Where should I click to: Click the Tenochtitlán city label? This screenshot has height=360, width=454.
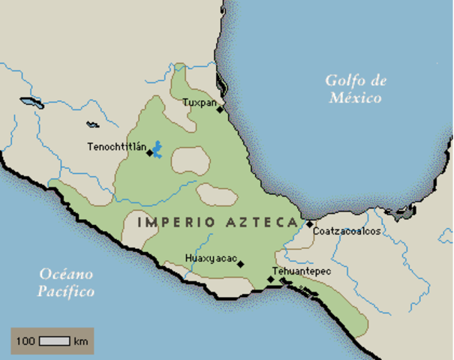[116, 145]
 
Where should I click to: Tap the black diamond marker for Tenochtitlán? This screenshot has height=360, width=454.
[149, 152]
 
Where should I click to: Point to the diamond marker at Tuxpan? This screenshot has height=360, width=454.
[220, 109]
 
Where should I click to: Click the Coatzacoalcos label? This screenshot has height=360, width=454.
[346, 231]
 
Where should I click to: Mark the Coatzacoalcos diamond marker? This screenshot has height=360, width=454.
[309, 223]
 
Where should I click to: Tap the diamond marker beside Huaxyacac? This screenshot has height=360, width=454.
[240, 264]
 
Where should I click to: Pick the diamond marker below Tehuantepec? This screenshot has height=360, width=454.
[270, 280]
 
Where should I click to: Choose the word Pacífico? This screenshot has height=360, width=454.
[66, 291]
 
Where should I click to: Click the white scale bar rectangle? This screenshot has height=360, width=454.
[54, 341]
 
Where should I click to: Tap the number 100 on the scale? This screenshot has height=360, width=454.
[26, 341]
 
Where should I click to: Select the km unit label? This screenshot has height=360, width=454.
[81, 341]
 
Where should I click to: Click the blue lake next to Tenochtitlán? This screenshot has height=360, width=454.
[158, 148]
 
